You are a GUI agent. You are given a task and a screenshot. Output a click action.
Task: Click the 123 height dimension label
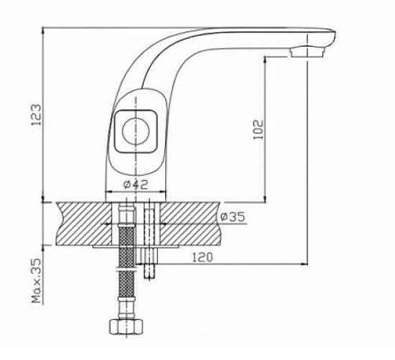36,114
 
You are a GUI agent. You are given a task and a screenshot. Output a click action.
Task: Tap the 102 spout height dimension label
258,129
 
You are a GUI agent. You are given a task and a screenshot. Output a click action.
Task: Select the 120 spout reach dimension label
202,257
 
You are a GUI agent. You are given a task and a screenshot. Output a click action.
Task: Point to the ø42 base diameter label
136,185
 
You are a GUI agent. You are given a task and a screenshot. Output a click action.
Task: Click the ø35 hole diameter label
233,217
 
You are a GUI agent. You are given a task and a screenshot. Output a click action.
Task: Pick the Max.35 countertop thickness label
36,280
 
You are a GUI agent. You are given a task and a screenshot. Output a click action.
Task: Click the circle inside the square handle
136,131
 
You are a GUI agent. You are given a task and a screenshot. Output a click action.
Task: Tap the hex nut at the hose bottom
127,327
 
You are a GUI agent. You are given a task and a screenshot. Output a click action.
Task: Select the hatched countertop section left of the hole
84,223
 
